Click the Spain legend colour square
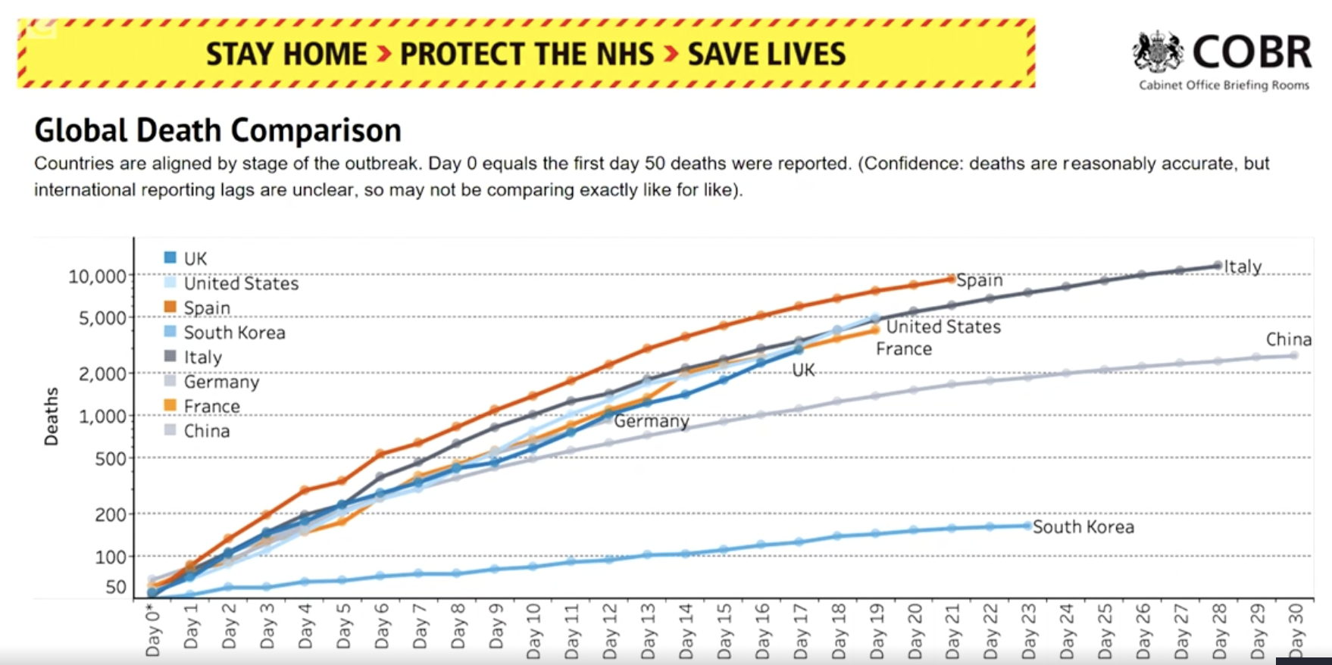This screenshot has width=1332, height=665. [170, 307]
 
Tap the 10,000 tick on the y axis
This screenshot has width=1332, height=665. [98, 276]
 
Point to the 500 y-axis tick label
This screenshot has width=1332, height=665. [111, 458]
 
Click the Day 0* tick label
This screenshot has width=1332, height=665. [154, 631]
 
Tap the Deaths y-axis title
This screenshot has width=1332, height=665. [52, 417]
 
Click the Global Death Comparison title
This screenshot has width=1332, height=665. [218, 130]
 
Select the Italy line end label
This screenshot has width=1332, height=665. [1243, 267]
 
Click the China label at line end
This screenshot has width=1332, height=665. [1288, 339]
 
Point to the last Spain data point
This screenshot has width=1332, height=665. [952, 279]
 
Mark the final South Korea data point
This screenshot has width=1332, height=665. [1027, 525]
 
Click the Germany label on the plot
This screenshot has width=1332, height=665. [652, 421]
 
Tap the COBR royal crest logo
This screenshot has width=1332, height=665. [1157, 52]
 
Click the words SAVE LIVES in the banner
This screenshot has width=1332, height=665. [766, 55]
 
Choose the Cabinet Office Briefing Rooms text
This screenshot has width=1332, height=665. [1224, 86]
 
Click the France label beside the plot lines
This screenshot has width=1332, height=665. [904, 349]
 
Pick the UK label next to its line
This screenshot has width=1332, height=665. [803, 370]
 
